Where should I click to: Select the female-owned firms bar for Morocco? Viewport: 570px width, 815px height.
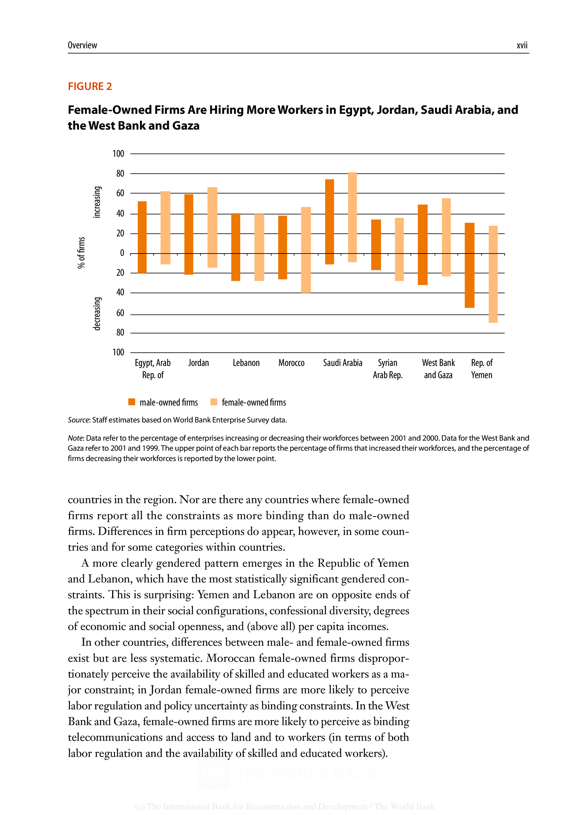tap(306, 250)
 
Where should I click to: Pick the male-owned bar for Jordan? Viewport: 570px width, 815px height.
tap(189, 234)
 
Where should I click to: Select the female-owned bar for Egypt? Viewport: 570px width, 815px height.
tap(165, 228)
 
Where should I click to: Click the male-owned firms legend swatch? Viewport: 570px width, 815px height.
tap(132, 402)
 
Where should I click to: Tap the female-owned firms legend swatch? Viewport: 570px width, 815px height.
tap(214, 402)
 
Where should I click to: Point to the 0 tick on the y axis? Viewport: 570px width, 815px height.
tap(122, 253)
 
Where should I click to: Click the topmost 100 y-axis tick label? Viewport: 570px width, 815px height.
tap(118, 154)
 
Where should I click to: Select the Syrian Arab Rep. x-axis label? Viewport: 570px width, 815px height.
tap(387, 369)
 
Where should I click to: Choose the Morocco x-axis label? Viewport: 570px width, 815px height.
tap(291, 363)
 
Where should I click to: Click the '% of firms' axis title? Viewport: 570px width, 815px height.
tap(81, 252)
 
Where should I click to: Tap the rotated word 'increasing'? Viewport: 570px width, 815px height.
tap(96, 202)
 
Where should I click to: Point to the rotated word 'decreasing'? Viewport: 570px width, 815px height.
tap(96, 314)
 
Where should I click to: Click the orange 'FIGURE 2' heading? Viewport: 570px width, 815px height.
tap(90, 86)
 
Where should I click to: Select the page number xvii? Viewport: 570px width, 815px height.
tap(522, 45)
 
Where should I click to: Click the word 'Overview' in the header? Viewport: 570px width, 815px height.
tap(82, 45)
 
